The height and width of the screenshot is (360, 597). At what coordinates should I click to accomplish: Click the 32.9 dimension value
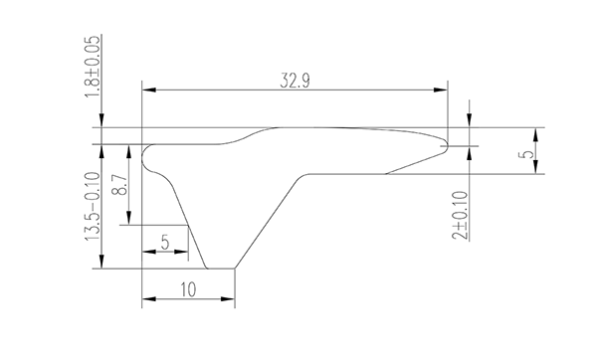(x=296, y=81)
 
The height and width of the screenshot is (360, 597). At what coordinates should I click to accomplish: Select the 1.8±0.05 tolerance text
(x=94, y=67)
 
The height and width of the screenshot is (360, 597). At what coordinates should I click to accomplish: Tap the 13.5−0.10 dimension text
(x=93, y=206)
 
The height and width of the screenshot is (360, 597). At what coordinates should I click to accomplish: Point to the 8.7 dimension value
(x=120, y=185)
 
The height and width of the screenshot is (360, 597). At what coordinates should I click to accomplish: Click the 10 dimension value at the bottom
(x=188, y=289)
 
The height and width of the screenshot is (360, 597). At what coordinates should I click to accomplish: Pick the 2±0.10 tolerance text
(x=461, y=216)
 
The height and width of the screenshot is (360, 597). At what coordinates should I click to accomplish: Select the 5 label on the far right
(x=527, y=154)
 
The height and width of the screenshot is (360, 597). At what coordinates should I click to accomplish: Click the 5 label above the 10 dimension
(x=165, y=242)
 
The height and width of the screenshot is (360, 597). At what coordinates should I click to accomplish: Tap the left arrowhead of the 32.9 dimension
(x=149, y=90)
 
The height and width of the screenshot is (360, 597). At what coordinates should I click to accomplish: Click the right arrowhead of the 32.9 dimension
(x=441, y=90)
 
